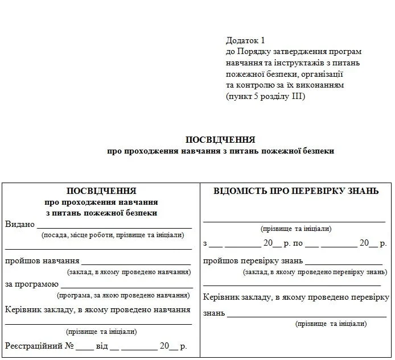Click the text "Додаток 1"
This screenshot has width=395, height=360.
pos(246,40)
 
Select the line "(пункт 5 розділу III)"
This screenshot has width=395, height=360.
pos(265,96)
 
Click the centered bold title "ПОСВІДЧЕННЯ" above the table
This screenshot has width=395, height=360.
pos(220,139)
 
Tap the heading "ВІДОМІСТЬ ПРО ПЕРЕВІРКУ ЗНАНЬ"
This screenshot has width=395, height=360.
pos(296,191)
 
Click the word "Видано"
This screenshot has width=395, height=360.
pos(20,224)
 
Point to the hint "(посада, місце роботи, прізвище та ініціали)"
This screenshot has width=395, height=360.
pos(112,235)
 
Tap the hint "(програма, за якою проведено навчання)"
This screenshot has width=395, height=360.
pos(123,296)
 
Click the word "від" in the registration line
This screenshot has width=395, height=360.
pos(101,345)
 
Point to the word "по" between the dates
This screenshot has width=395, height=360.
pos(297,243)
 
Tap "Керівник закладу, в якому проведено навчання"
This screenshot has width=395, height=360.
pos(98,310)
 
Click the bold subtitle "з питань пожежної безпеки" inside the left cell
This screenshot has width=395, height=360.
pos(101,213)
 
